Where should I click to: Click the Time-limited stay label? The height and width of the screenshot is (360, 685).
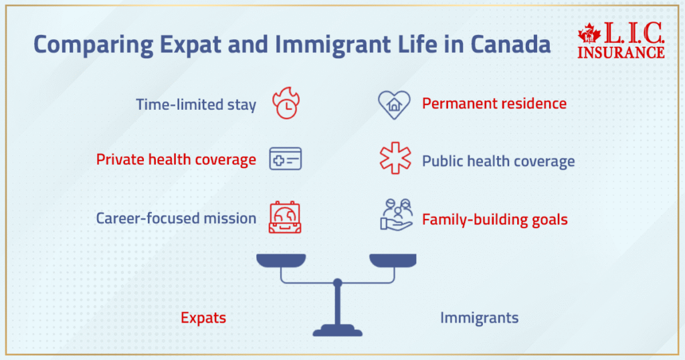point(196,105)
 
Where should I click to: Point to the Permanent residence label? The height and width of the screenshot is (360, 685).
point(494,104)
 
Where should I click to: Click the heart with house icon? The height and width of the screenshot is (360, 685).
point(394,104)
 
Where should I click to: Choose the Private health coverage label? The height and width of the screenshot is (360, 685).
point(176,160)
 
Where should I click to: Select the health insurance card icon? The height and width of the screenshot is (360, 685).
point(285,159)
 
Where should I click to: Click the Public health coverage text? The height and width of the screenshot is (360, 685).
point(498,161)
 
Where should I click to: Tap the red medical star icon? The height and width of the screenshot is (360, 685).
point(395,159)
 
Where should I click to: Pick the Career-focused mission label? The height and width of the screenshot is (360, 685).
point(176,218)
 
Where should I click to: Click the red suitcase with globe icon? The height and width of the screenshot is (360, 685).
point(285,217)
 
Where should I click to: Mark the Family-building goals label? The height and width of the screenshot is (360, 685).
point(495,219)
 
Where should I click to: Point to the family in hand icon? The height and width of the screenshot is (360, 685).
point(395,215)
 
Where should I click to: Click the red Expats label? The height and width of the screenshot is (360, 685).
point(203,318)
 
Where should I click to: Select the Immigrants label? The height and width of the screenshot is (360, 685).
point(479,318)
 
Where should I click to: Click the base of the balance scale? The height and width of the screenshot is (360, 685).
point(338,329)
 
